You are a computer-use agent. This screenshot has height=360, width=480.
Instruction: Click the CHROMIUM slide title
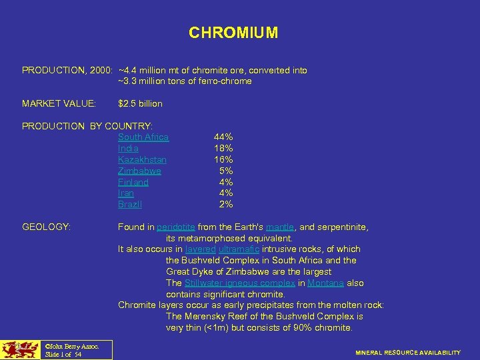point(233,33)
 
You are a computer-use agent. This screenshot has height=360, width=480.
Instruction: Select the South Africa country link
point(143,137)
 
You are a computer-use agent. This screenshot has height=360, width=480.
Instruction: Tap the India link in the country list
point(128,149)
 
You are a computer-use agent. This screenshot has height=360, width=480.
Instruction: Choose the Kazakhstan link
point(142,160)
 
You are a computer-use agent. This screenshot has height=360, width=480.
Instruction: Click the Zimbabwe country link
point(139,171)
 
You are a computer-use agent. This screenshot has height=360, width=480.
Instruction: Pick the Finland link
point(133,182)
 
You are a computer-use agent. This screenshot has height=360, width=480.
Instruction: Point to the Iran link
point(126,193)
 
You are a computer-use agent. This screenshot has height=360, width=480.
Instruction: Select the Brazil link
point(130,205)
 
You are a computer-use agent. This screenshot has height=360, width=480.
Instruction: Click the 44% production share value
point(223,137)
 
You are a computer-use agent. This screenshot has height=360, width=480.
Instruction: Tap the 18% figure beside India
point(223,149)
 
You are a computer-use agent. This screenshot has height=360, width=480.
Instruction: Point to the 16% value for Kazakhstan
point(223,160)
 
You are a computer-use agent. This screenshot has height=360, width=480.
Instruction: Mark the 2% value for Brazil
point(226,205)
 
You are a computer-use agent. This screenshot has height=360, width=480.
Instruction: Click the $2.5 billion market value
point(140,104)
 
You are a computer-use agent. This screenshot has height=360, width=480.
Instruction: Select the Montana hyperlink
point(326,283)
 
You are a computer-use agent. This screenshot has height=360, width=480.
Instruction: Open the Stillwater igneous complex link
point(240,283)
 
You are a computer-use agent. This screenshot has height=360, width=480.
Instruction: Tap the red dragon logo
point(19,349)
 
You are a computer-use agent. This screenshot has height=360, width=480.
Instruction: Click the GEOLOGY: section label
point(46,227)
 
